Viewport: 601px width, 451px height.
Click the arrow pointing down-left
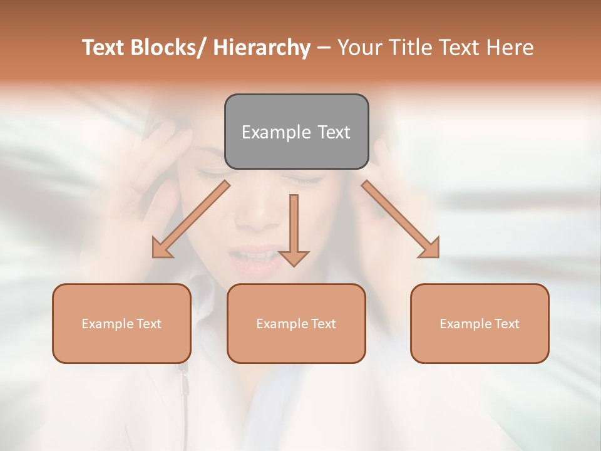click(190, 220)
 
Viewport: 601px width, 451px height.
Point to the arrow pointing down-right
click(401, 219)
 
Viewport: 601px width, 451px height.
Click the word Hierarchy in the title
click(262, 48)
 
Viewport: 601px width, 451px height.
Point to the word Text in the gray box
click(333, 132)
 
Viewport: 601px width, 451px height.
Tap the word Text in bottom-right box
click(507, 324)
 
